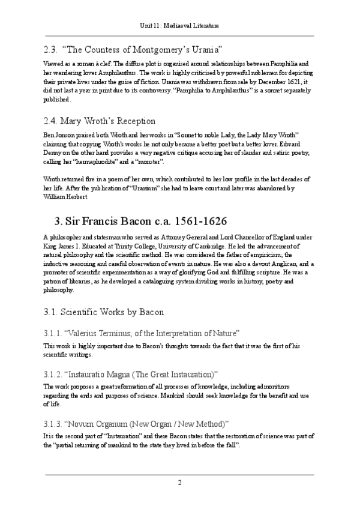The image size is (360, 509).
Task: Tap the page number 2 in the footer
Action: (x=179, y=483)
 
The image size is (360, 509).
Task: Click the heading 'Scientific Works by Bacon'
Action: (x=104, y=313)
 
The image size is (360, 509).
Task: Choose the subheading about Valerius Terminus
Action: (x=142, y=333)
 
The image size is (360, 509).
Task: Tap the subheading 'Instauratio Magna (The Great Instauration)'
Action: (x=131, y=373)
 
